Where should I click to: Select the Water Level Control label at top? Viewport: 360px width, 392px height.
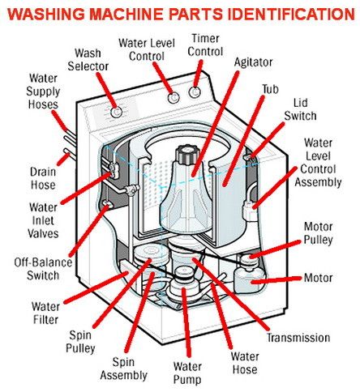pyautogui.click(x=152, y=49)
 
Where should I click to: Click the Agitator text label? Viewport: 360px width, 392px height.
pyautogui.click(x=253, y=62)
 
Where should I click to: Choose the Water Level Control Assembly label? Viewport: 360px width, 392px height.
pyautogui.click(x=324, y=163)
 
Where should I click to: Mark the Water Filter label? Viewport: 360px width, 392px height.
pyautogui.click(x=47, y=313)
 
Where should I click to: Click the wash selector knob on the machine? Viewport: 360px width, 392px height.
pyautogui.click(x=118, y=110)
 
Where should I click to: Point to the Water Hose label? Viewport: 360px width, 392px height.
pyautogui.click(x=244, y=362)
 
